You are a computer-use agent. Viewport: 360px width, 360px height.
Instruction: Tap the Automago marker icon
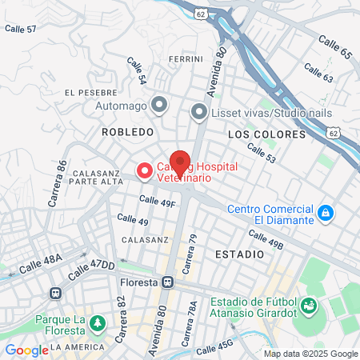coord(159,103)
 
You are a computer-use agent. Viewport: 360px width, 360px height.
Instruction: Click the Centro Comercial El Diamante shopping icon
coord(325,213)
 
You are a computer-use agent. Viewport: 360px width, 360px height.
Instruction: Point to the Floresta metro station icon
coord(167,282)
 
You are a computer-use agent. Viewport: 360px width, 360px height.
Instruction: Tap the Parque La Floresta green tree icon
coord(97,323)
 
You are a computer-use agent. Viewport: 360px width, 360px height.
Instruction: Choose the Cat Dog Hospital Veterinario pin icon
coord(144,170)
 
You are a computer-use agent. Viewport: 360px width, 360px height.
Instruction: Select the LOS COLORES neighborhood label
coord(266,134)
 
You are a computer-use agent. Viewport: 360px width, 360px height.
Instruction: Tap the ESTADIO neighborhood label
coord(239,254)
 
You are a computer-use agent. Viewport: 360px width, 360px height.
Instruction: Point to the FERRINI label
coord(186,60)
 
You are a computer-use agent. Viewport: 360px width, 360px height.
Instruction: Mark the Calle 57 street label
coord(21,29)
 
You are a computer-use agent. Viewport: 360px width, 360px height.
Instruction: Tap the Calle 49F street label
coord(157,202)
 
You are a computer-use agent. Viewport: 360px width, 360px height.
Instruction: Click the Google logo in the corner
coord(26,350)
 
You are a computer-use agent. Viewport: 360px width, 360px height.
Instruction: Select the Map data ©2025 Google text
coord(311,354)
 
